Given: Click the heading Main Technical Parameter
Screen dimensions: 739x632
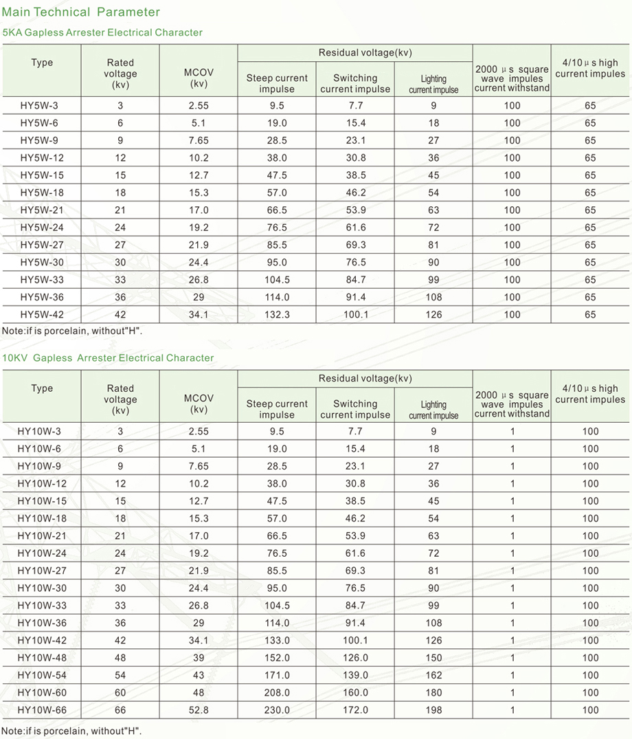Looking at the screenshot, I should click(x=82, y=12).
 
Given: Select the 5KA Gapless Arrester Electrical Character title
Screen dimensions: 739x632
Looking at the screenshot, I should click(x=102, y=32).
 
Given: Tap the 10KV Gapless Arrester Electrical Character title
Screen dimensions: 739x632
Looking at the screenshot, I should click(x=108, y=358).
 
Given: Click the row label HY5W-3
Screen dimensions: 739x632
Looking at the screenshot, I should click(x=42, y=106).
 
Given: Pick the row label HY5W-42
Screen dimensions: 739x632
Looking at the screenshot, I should click(x=42, y=315).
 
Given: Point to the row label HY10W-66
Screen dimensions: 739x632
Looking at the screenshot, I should click(x=42, y=710).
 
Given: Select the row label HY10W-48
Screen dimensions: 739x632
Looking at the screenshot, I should click(x=42, y=658).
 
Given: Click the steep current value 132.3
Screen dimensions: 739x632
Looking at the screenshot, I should click(x=277, y=315).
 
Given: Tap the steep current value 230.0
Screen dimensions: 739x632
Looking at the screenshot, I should click(x=277, y=710).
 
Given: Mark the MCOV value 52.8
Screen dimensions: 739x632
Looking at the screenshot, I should click(x=199, y=710).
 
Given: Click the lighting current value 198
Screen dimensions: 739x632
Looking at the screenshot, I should click(x=433, y=710).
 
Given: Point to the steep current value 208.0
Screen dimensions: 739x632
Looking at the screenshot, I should click(x=277, y=693).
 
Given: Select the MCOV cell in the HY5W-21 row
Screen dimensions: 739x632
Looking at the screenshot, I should click(x=199, y=210).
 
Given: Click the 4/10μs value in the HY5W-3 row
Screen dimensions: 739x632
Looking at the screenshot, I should click(x=590, y=106).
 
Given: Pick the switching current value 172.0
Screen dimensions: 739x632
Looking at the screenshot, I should click(x=355, y=710).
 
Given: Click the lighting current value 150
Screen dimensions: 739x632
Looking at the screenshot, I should click(x=433, y=658).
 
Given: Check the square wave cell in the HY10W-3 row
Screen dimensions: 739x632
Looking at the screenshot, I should click(x=512, y=432).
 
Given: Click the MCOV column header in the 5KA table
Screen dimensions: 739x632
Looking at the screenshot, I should click(x=199, y=78).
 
